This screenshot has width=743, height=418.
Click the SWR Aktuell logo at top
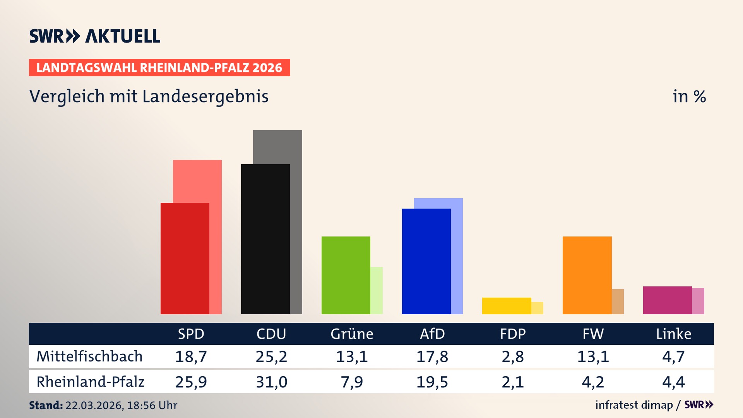tap(94, 36)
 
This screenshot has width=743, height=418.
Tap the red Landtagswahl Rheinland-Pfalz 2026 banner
tap(159, 68)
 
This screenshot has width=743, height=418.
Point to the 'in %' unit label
tap(689, 96)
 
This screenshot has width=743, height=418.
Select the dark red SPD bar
tap(185, 259)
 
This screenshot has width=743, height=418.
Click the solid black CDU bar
tap(265, 239)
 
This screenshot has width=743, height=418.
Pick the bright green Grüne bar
tap(346, 275)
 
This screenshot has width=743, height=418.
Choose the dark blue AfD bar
tap(426, 261)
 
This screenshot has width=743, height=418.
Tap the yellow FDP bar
tap(506, 306)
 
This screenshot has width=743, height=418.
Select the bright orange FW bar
tap(587, 275)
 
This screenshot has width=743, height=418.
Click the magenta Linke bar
tap(667, 300)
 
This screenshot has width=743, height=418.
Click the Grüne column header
tap(352, 334)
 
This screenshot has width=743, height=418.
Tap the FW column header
tap(593, 334)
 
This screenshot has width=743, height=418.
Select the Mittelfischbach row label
tap(89, 356)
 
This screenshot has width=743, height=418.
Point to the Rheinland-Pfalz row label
tap(90, 382)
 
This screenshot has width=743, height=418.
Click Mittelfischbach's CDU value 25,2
tap(271, 356)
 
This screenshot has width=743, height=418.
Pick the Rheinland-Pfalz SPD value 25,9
tap(191, 382)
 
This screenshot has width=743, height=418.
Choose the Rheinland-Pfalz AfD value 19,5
tap(432, 382)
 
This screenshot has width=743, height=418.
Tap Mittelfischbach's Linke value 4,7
tap(673, 356)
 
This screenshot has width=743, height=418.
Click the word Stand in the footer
tap(45, 405)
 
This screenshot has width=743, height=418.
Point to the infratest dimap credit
tap(634, 405)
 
